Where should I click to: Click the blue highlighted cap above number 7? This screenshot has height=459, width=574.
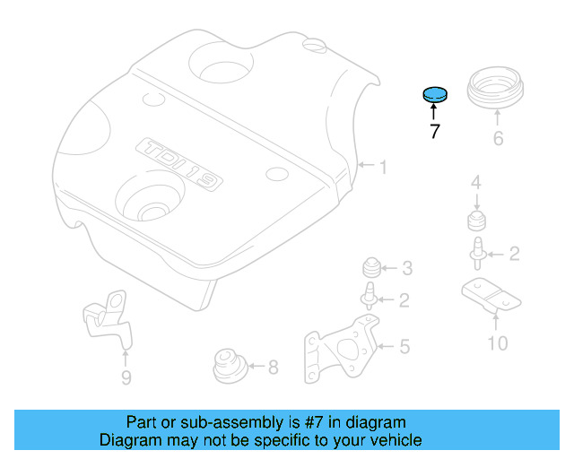tap(434, 93)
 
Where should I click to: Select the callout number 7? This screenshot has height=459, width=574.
tap(434, 132)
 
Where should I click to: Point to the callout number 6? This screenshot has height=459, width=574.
tap(498, 138)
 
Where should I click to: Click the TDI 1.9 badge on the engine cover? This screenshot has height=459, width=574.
tap(179, 163)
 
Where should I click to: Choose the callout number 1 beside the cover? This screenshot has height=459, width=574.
tap(382, 167)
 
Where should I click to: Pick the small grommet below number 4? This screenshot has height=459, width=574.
tap(476, 221)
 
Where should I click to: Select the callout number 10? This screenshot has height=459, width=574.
tap(497, 342)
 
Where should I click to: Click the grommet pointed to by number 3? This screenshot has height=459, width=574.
tap(370, 266)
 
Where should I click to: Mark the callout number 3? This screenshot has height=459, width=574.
tap(406, 267)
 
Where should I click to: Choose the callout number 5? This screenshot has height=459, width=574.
tap(404, 345)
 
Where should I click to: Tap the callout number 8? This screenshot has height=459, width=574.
tap(273, 366)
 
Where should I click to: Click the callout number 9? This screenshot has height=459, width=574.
tap(126, 377)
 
